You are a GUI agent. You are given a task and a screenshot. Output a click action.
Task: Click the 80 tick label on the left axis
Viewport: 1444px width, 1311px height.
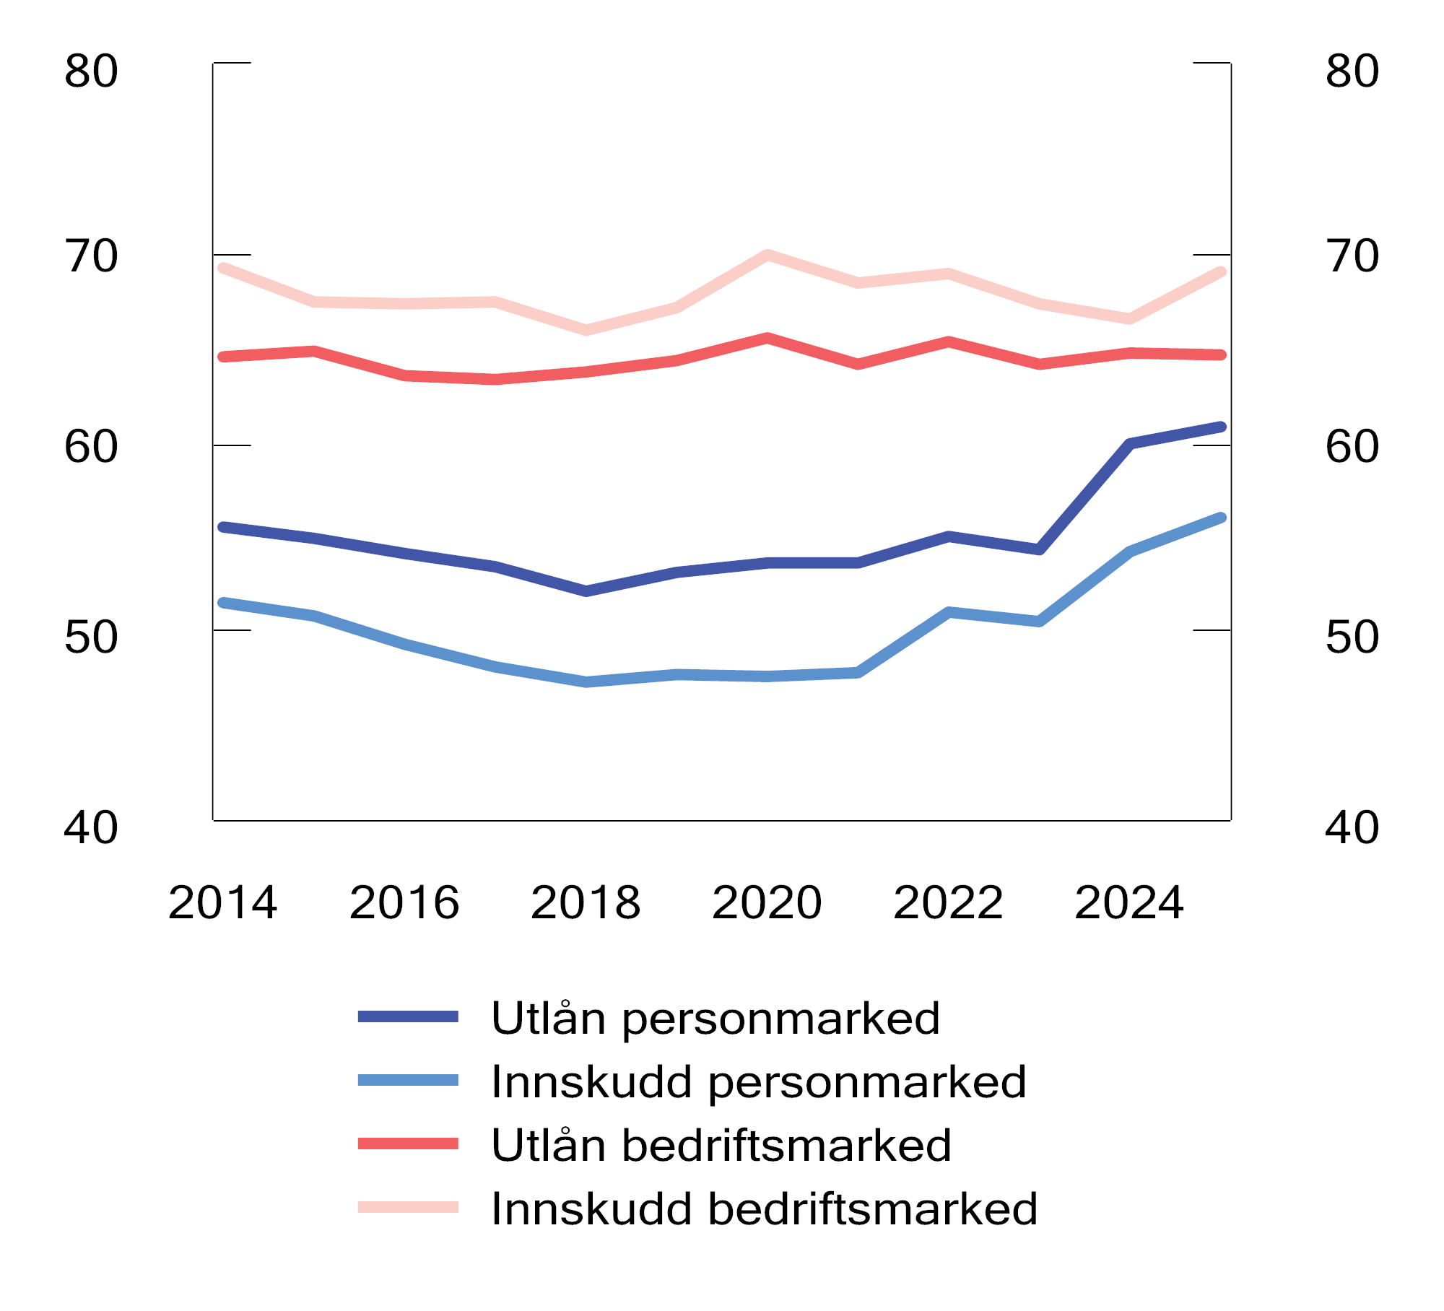[91, 71]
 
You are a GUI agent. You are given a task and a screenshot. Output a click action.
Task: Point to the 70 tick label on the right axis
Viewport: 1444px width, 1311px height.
[1352, 256]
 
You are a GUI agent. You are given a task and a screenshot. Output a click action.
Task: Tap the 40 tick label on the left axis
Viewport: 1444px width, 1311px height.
[91, 828]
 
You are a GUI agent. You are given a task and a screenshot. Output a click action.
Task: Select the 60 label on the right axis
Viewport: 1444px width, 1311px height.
[1352, 447]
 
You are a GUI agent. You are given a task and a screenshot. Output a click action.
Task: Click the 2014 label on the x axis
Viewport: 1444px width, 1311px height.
[222, 903]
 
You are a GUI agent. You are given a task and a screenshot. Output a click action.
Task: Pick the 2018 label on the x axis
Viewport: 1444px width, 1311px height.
[586, 903]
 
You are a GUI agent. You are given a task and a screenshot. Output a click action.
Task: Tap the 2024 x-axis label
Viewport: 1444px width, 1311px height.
[1129, 903]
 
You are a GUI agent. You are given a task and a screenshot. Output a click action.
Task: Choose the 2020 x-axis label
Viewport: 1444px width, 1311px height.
[767, 903]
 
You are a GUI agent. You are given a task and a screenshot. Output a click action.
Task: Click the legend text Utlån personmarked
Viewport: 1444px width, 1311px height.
[715, 1019]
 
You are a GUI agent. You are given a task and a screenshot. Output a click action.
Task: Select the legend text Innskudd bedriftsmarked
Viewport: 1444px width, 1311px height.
[764, 1209]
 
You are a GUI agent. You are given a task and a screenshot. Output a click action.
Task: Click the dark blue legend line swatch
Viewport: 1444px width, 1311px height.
[408, 1016]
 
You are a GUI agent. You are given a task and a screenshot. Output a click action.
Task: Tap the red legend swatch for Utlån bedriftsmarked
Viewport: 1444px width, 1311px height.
[408, 1144]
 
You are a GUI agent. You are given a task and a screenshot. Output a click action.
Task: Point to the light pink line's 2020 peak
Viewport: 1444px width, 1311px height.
[767, 255]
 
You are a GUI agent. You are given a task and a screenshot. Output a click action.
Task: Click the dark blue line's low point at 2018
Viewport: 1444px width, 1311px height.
[586, 591]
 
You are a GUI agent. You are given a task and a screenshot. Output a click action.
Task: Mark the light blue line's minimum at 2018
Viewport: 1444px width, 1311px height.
[586, 681]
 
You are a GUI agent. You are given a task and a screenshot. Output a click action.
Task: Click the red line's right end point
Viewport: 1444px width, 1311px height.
[1221, 354]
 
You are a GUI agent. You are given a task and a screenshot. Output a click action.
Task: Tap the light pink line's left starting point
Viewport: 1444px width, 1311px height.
[223, 269]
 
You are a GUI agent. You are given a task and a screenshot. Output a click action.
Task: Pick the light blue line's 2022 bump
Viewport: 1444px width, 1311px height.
[949, 612]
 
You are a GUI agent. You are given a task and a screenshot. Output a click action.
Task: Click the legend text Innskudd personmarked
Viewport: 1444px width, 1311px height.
[758, 1082]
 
